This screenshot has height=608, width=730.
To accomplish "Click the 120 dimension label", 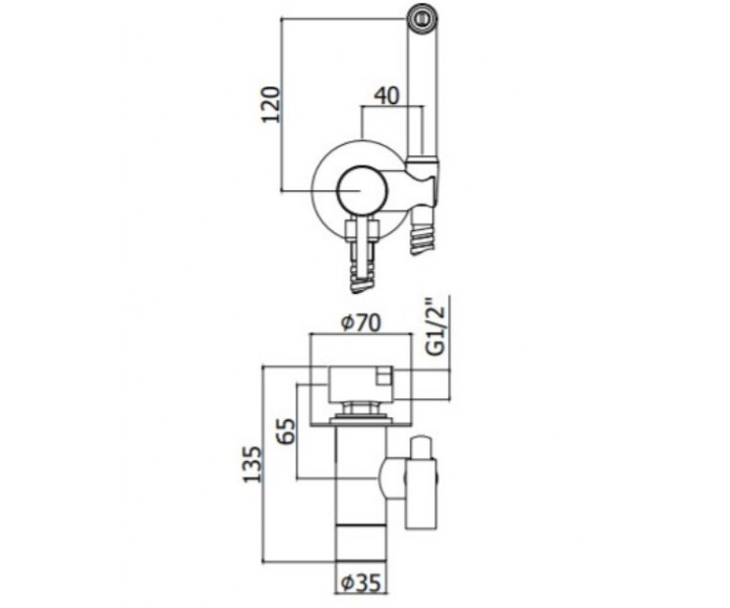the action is pos(270,104).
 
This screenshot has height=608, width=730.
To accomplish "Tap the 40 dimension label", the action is pos(387,95).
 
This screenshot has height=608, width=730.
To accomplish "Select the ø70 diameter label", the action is pos(361,323).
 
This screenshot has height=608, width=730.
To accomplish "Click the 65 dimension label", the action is pos(285,431).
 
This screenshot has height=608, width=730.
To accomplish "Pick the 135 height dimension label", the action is pos(253,464).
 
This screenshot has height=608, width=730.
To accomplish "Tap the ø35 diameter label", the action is pos(361,583).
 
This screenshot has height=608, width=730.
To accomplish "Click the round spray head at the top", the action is pos(423,19).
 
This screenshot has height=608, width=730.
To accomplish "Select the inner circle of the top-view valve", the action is pos(362,191).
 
